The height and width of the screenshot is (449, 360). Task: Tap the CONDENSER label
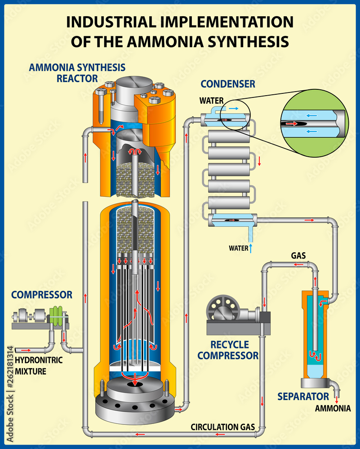coord(228,84)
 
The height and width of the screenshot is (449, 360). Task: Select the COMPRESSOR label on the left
coord(42,295)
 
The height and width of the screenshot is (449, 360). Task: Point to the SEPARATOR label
coord(303,396)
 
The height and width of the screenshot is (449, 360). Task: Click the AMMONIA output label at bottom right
coord(333,408)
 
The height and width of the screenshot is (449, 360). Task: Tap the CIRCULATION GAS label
coord(223,427)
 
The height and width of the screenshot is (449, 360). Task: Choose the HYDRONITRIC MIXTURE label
coord(39,365)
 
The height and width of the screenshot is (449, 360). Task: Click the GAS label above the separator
coord(298,255)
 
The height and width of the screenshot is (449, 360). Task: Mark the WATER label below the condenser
coord(238,247)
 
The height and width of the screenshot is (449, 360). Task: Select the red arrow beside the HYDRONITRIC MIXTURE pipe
coord(26,349)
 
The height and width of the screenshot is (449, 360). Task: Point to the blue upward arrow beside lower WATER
coord(251,247)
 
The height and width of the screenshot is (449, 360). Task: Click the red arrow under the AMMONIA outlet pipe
coord(337,398)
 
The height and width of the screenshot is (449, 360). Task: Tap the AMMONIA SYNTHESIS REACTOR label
coord(77,73)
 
